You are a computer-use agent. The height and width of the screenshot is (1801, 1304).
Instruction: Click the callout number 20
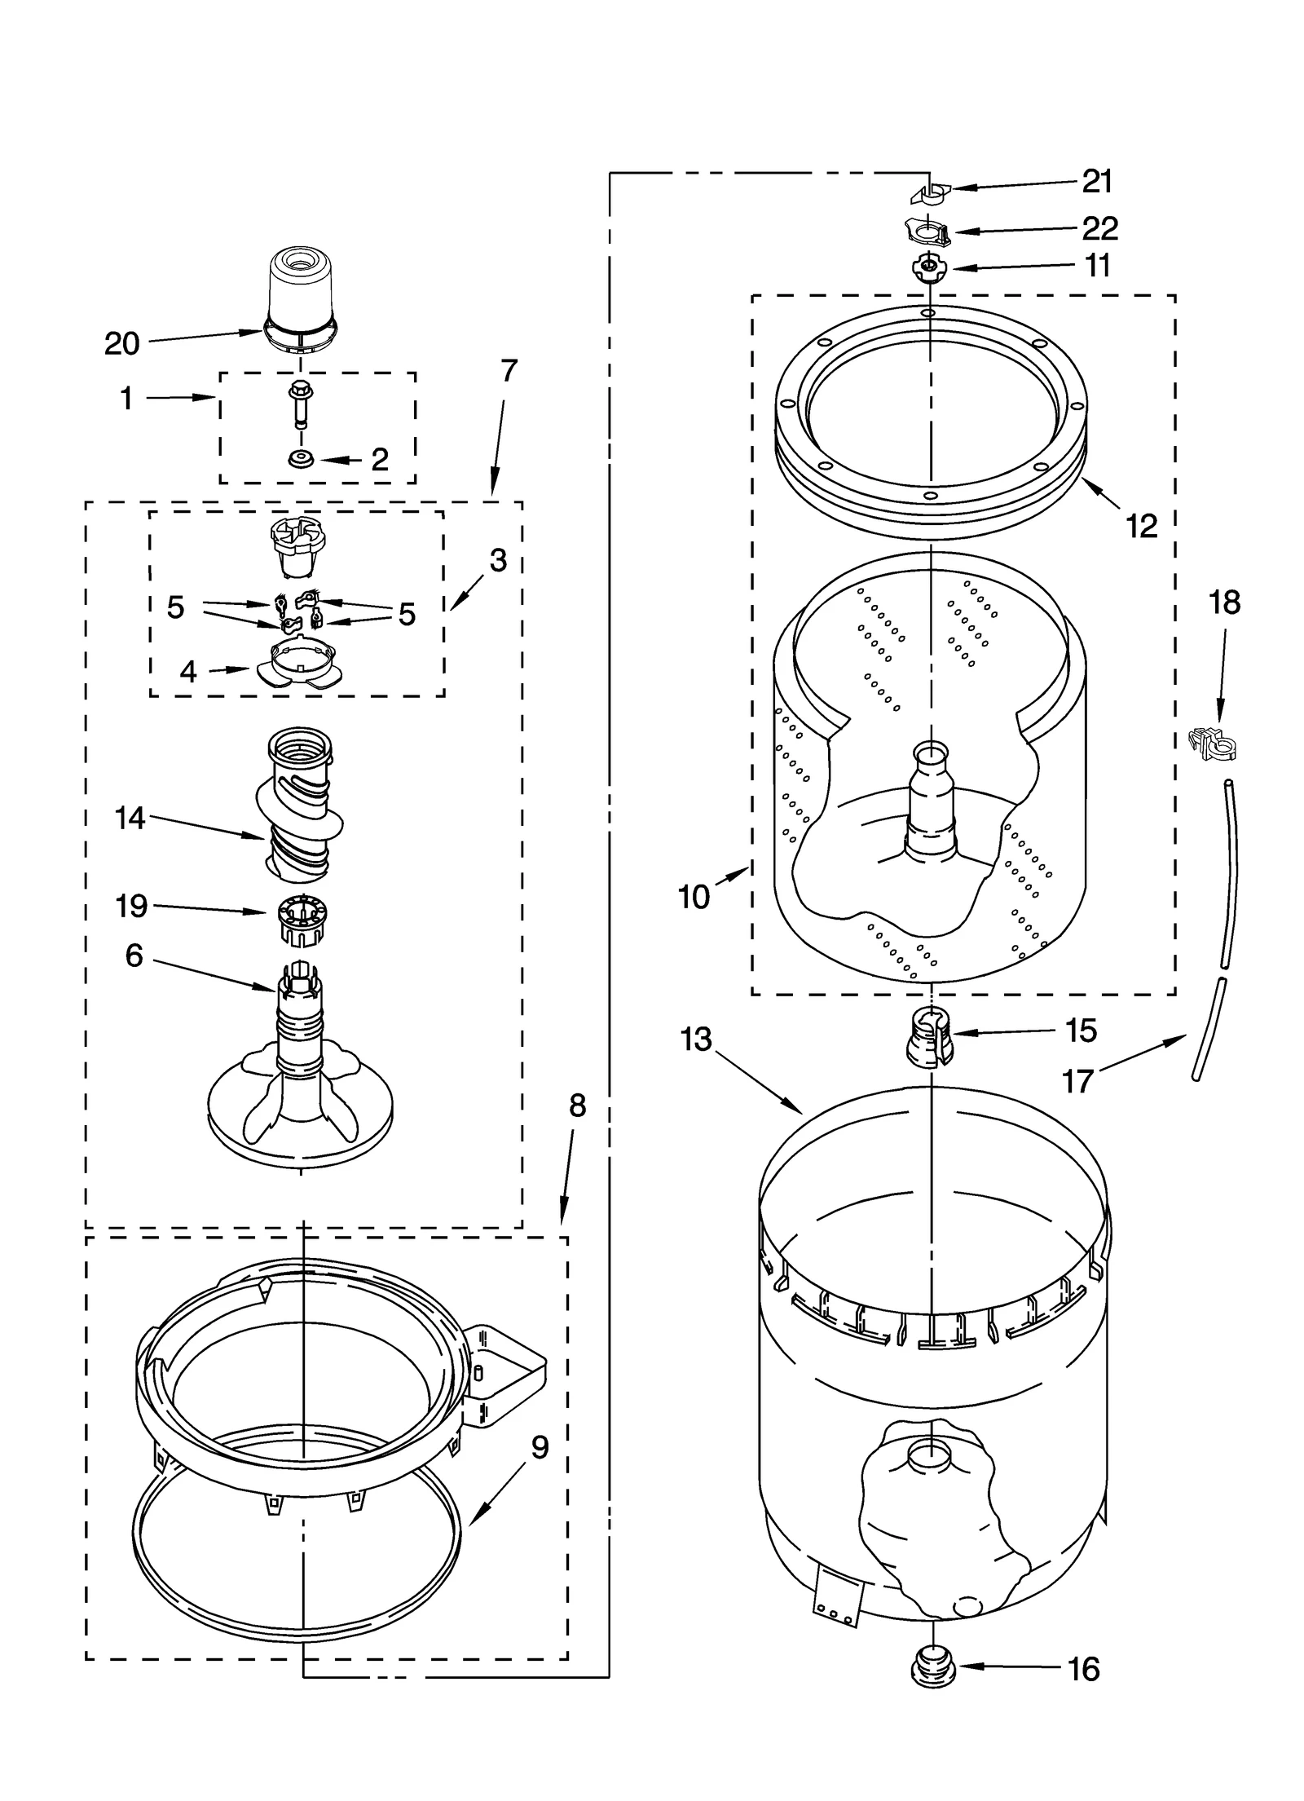pyautogui.click(x=122, y=344)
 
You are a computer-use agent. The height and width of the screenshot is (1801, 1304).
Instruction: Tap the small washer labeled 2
pyautogui.click(x=300, y=460)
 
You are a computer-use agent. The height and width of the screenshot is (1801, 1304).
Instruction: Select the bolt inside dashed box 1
pyautogui.click(x=298, y=405)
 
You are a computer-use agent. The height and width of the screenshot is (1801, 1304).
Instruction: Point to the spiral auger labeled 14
pyautogui.click(x=299, y=807)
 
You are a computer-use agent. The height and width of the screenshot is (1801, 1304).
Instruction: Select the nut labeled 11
pyautogui.click(x=927, y=267)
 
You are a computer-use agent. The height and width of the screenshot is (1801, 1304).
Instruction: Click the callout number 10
pyautogui.click(x=694, y=897)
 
